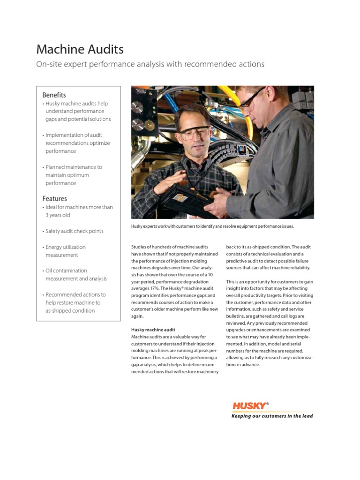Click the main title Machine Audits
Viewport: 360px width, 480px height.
80,49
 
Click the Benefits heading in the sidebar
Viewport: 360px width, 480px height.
54,95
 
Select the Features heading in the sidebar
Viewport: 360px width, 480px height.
54,198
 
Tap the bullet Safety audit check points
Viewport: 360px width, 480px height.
74,231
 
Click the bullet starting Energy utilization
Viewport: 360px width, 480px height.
65,251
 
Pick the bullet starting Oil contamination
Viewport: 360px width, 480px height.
75,274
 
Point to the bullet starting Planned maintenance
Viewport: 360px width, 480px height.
73,175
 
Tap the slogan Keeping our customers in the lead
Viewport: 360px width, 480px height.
272,416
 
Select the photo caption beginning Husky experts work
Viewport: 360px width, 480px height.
212,226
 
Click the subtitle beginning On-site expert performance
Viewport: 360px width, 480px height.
150,64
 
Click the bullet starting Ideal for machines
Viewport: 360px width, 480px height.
79,211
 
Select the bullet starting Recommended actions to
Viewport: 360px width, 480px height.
75,302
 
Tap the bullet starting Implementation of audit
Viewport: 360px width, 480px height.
77,143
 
